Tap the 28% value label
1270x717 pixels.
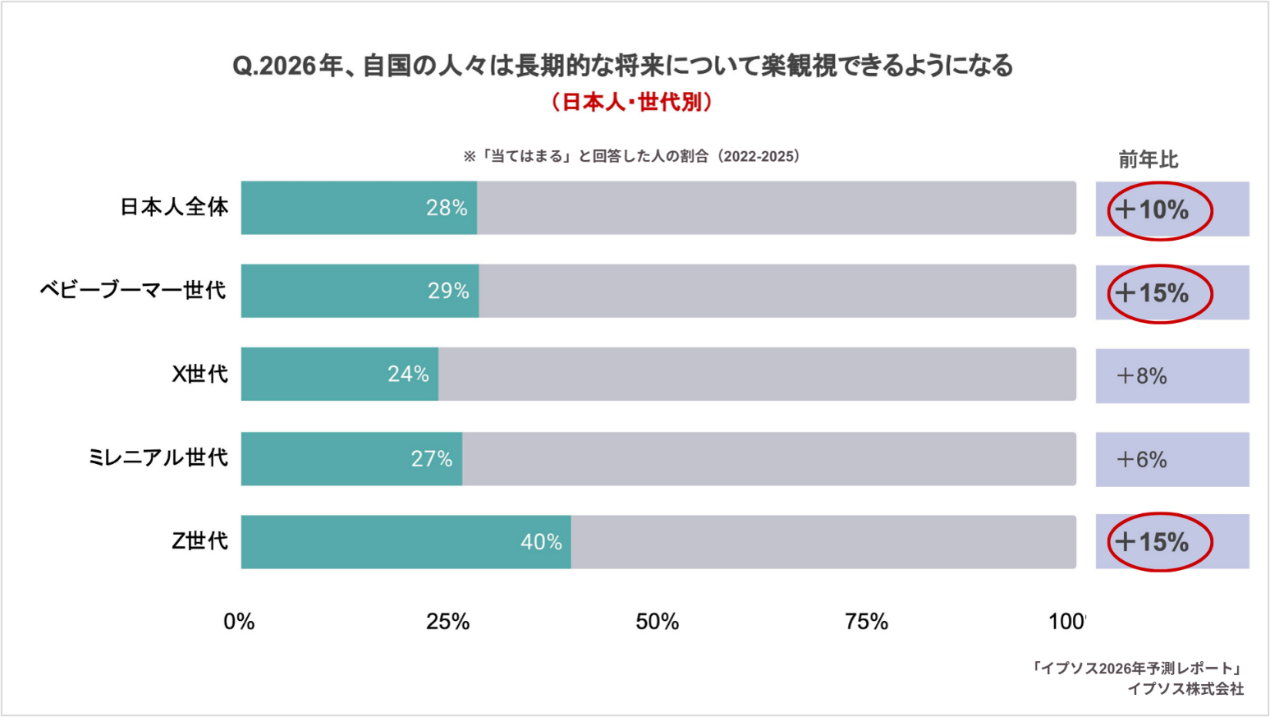[x=447, y=208]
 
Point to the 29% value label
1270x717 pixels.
[x=448, y=291]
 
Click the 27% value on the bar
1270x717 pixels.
[x=432, y=458]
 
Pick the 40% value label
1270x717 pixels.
[x=541, y=542]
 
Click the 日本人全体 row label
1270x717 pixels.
[x=174, y=207]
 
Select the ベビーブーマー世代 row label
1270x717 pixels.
[x=133, y=291]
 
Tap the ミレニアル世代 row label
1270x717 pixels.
[x=158, y=457]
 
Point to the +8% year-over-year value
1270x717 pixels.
[x=1142, y=376]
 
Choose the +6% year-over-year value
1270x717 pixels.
[x=1142, y=460]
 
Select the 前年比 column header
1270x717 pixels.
[x=1148, y=160]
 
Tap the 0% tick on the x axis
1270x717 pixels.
[x=239, y=623]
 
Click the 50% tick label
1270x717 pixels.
[x=657, y=623]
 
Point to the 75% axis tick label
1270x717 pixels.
[x=866, y=623]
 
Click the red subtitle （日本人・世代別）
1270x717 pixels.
[x=631, y=102]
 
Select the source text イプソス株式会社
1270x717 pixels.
[x=1185, y=689]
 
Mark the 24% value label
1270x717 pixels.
[x=408, y=375]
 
